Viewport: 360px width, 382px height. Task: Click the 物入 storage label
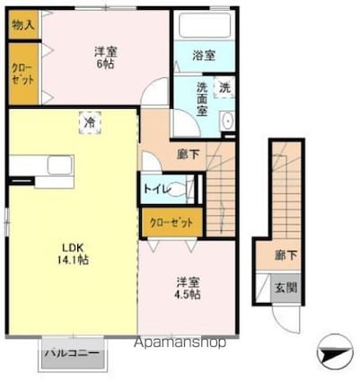(x=23, y=25)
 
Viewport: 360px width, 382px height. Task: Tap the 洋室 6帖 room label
(x=106, y=58)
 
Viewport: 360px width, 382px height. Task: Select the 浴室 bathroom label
(x=204, y=56)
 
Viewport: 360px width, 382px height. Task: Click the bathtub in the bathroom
(x=205, y=25)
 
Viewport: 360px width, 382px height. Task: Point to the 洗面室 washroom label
(x=202, y=99)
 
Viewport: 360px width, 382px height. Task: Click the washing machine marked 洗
(x=224, y=87)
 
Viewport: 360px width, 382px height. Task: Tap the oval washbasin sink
(x=228, y=121)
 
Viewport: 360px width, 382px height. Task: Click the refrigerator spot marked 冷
(x=90, y=122)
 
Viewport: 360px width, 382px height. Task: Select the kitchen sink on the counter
(x=60, y=164)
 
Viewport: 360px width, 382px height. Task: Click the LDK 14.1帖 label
(x=73, y=254)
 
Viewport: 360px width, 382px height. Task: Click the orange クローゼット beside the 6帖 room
(x=22, y=75)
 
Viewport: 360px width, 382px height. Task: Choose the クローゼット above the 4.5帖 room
(x=171, y=223)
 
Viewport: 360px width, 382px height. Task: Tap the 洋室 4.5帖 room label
(x=188, y=289)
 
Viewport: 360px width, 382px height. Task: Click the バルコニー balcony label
(x=72, y=353)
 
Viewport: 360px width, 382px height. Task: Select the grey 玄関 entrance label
(x=285, y=288)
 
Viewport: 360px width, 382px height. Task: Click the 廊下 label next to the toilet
(x=188, y=155)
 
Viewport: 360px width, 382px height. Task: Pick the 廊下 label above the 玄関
(x=285, y=255)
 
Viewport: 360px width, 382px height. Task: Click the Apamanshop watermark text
(x=180, y=342)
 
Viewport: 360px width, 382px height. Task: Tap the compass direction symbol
(x=333, y=350)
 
